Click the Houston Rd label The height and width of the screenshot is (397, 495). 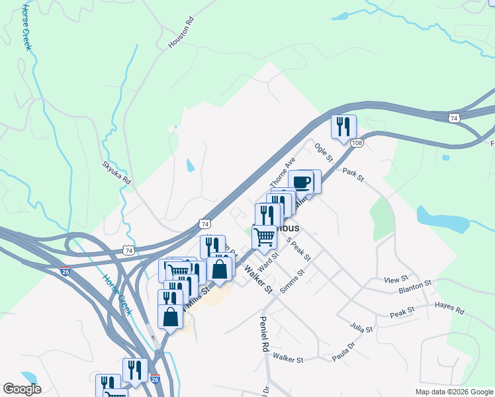(181, 33)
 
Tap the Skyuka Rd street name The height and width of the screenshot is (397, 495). (117, 172)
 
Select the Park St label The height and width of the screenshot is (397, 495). (353, 175)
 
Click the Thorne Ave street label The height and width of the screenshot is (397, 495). (281, 172)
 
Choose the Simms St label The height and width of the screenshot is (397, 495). (292, 281)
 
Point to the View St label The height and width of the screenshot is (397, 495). (397, 280)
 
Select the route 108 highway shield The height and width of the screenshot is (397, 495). (357, 143)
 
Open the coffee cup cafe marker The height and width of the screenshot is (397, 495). (302, 182)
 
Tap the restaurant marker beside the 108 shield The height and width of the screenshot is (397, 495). (343, 127)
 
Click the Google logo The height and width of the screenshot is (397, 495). (22, 389)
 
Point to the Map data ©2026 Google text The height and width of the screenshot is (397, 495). (453, 392)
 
